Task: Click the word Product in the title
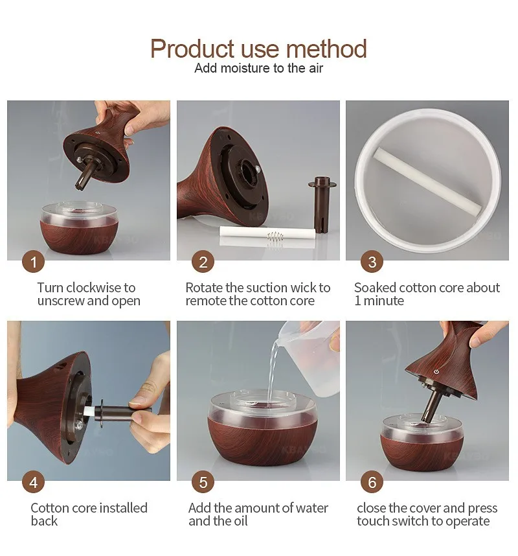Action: [192, 49]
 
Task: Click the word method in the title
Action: [326, 49]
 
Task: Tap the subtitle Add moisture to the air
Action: [258, 68]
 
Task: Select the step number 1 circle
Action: [33, 262]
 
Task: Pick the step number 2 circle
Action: [203, 262]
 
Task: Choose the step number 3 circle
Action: [372, 262]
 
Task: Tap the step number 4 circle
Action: [33, 482]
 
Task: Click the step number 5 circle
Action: [203, 482]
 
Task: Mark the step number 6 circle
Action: [372, 482]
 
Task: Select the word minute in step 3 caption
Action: [384, 301]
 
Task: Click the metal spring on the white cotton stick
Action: [275, 236]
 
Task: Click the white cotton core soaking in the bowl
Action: [427, 181]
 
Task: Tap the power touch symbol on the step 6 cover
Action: [436, 371]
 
